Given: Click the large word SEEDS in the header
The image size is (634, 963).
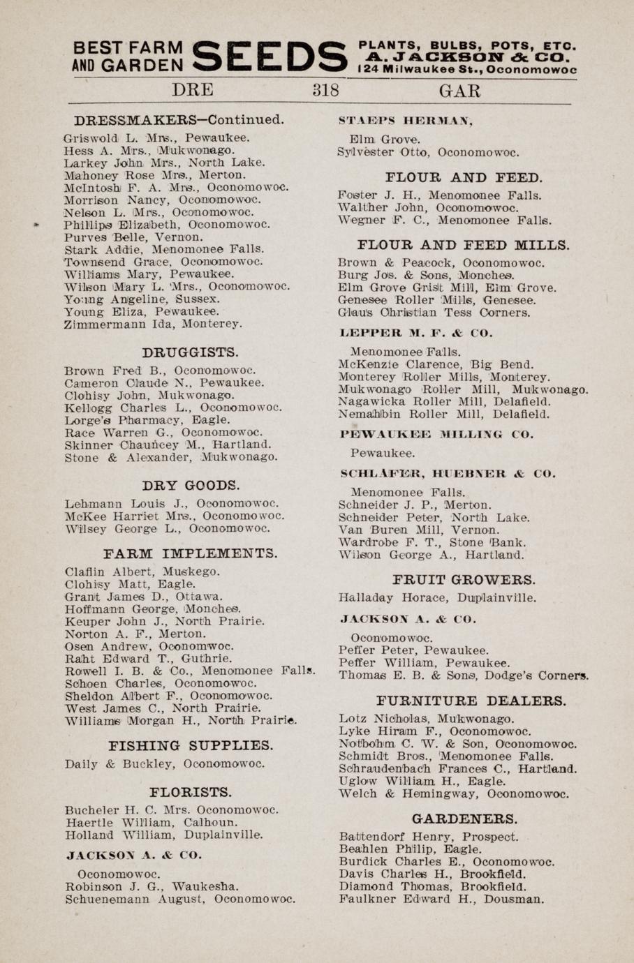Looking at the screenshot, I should coord(270,57).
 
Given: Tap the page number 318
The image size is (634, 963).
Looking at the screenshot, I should coord(325,91).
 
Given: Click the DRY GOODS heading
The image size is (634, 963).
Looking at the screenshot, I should coord(191,484).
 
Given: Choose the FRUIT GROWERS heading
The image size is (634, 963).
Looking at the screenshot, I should coord(464,579).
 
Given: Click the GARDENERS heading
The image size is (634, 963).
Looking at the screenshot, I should coord(464,818).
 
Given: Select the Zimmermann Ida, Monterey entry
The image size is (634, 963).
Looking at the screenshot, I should coord(153,324).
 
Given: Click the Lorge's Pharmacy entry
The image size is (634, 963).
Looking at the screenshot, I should coord(147,420).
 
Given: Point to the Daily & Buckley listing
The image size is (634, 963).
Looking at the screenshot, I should coord(164,763).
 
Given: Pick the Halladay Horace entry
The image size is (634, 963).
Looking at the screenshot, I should coord(437,598).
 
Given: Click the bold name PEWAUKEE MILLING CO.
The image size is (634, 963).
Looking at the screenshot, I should coord(436,434).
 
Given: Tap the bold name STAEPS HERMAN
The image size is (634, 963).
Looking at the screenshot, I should coord(406,121).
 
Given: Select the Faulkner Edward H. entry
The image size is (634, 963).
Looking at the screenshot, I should coord(441,899).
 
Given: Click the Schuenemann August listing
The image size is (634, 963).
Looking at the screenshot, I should coord(179,899).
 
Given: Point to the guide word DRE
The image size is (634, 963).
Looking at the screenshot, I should coord(193,91).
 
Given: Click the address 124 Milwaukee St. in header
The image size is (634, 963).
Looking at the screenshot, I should coord(466,70).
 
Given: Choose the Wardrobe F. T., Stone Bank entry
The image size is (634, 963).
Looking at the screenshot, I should coord(429,542).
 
